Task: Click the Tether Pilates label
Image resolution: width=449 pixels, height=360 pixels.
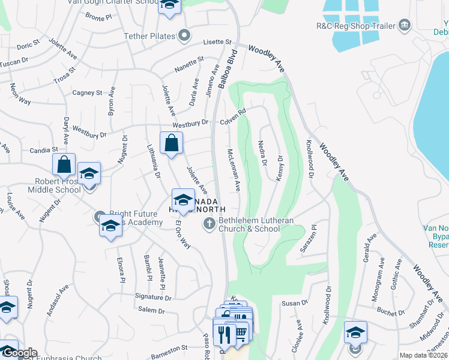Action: tap(149, 36)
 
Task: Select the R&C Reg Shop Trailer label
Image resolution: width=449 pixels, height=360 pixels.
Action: tap(356, 26)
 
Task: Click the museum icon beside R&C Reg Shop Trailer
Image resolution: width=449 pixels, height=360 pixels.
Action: tap(405, 25)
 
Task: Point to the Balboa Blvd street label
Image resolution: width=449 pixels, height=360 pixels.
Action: tap(228, 70)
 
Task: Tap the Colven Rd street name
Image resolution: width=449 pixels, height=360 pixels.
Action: tap(233, 116)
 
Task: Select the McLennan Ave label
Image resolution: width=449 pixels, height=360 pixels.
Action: tap(234, 170)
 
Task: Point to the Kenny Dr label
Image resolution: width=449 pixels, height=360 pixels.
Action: tap(280, 167)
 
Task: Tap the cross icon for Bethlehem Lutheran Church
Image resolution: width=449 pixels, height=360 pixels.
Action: tap(209, 224)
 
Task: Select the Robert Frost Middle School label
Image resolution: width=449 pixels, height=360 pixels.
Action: tap(53, 185)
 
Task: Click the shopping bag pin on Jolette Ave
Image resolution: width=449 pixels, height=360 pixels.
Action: tap(172, 143)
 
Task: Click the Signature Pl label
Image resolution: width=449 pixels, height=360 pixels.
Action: tap(154, 296)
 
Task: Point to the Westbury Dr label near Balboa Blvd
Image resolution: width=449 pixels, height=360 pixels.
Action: tap(190, 123)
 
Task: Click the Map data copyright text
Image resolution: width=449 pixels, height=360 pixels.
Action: tap(423, 355)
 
